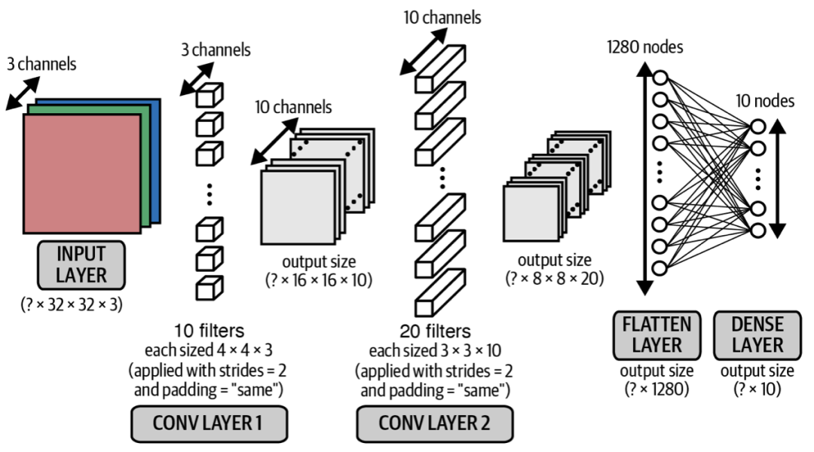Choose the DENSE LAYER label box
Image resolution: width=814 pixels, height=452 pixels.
pos(757,334)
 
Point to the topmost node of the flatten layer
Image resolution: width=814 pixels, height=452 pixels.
pos(661,78)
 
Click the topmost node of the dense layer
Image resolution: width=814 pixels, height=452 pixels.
pos(758,125)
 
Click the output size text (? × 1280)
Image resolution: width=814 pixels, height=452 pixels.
pos(653,388)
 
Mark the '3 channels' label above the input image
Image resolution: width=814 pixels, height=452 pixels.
pos(41,64)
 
